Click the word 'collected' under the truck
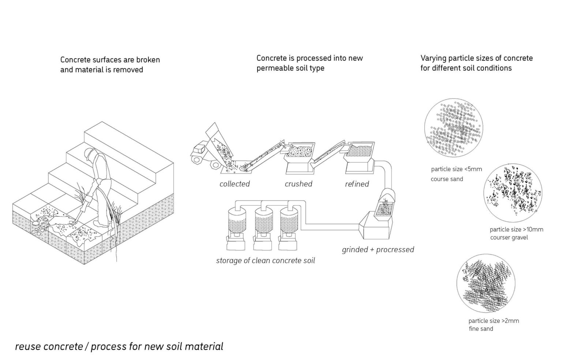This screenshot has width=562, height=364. (x=235, y=184)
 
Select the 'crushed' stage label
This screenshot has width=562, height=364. (x=298, y=184)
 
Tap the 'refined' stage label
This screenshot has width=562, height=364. (x=357, y=184)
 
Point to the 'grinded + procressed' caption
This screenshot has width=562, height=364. (x=378, y=250)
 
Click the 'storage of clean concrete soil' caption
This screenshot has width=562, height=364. (x=265, y=261)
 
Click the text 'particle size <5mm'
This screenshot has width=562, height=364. (x=456, y=169)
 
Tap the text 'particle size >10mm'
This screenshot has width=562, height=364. (x=516, y=229)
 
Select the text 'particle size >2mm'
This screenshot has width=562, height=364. (x=494, y=321)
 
